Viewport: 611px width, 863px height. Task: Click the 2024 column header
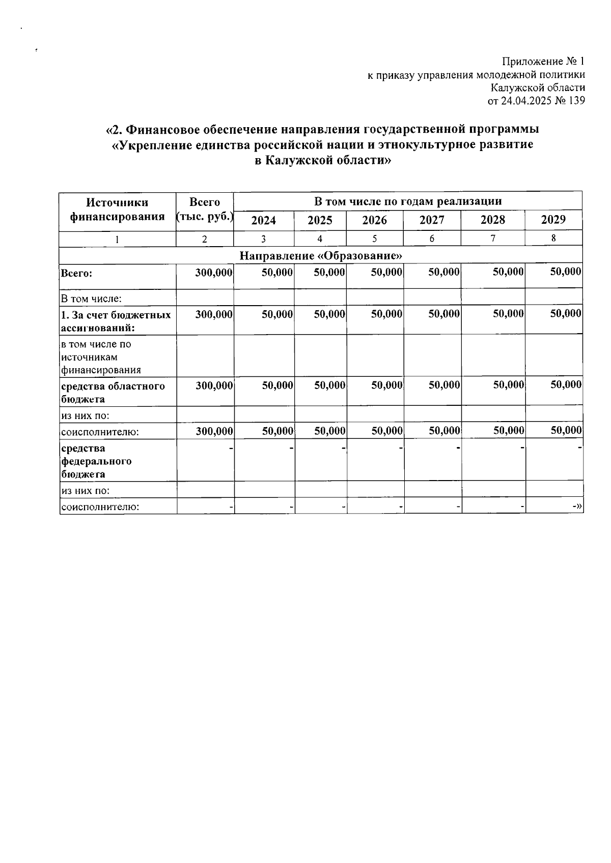[x=264, y=220]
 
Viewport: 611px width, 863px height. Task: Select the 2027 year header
[x=432, y=220]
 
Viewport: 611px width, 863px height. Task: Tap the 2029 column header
[x=553, y=220]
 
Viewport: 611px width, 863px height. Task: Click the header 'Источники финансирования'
[x=117, y=210]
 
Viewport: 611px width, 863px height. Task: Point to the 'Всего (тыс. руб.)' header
[x=205, y=210]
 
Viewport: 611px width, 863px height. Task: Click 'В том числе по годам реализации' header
[x=407, y=201]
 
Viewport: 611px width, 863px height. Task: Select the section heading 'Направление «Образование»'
[x=321, y=255]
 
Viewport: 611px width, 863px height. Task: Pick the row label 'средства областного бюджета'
[x=113, y=392]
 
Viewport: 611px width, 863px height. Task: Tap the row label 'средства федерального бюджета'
[x=97, y=461]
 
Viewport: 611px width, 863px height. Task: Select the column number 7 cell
[x=493, y=239]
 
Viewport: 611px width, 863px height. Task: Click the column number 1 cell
[x=117, y=239]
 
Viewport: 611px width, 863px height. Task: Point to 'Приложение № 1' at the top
[x=543, y=62]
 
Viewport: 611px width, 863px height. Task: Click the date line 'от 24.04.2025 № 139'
[x=536, y=101]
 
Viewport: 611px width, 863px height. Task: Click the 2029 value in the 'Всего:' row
[x=565, y=272]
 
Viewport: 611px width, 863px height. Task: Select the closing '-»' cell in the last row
[x=577, y=507]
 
